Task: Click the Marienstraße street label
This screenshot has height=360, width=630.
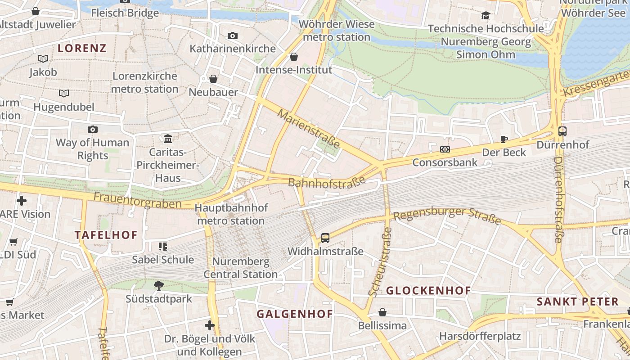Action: pyautogui.click(x=309, y=128)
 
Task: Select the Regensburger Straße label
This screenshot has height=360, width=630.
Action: pyautogui.click(x=447, y=216)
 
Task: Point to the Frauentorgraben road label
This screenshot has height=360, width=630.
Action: pyautogui.click(x=137, y=200)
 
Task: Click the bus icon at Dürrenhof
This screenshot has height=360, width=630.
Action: pyautogui.click(x=562, y=131)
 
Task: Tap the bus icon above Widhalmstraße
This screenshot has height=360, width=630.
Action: pyautogui.click(x=325, y=238)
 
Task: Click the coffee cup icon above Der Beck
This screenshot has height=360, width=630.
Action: pyautogui.click(x=504, y=139)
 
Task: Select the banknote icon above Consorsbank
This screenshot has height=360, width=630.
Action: pyautogui.click(x=445, y=149)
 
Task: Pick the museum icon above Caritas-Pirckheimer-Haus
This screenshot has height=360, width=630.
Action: pyautogui.click(x=168, y=139)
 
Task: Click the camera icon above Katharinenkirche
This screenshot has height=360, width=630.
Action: pyautogui.click(x=232, y=36)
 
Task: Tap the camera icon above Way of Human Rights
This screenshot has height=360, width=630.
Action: pyautogui.click(x=92, y=130)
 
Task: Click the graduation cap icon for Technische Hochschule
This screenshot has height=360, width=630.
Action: pyautogui.click(x=486, y=16)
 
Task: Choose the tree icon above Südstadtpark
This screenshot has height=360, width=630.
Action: pyautogui.click(x=158, y=285)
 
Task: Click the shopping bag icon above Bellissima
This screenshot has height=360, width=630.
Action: pyautogui.click(x=382, y=312)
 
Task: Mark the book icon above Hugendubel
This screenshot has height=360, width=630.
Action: pyautogui.click(x=64, y=94)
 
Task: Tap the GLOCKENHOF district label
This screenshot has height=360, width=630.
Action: pyautogui.click(x=428, y=291)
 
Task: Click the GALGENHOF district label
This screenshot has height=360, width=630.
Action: pyautogui.click(x=294, y=314)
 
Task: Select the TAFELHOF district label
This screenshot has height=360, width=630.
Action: pyautogui.click(x=106, y=235)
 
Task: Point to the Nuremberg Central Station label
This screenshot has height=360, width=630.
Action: pyautogui.click(x=240, y=268)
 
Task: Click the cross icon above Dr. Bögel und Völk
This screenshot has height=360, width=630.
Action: pyautogui.click(x=209, y=325)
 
